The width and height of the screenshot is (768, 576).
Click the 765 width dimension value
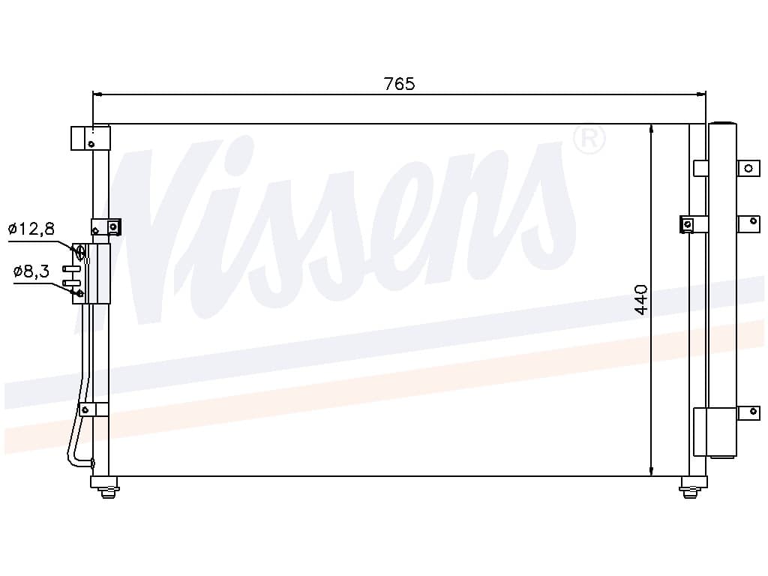point(399,84)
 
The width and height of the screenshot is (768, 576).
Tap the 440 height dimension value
point(640,299)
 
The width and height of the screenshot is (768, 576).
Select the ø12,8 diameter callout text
point(31,228)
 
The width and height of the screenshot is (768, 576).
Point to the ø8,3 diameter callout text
point(31,271)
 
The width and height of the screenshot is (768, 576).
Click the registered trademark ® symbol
point(589,139)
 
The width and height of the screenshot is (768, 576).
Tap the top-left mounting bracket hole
point(91,144)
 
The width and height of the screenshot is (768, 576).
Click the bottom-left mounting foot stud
point(108,491)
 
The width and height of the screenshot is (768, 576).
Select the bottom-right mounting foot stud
point(690,491)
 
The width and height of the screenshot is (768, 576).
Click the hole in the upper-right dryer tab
point(748,169)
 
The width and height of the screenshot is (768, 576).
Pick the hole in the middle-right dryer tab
point(753,221)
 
